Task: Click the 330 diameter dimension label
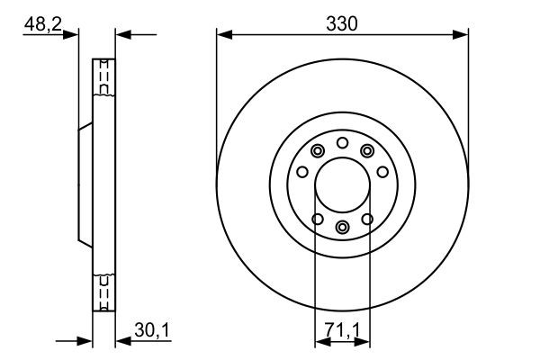click(342, 24)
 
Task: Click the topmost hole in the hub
click(342, 142)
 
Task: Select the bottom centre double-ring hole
click(342, 228)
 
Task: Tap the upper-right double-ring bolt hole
click(367, 151)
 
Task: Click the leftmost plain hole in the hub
click(302, 172)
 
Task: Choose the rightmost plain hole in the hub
click(382, 172)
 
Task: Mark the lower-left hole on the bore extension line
click(316, 219)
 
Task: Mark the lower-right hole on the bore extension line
click(368, 219)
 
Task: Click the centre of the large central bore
click(342, 187)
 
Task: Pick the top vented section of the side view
click(104, 79)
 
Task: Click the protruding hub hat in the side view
click(85, 187)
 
